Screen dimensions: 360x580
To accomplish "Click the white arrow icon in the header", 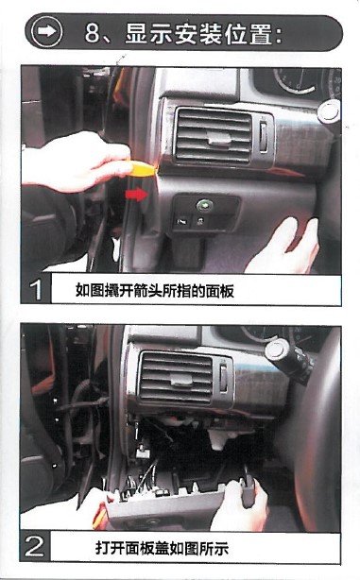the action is [x=46, y=32].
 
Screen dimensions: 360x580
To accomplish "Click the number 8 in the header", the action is [x=93, y=33].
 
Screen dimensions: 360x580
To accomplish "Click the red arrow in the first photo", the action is [x=137, y=194].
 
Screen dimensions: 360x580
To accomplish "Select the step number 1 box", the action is [x=36, y=290].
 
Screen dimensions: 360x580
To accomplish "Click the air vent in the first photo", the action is [x=214, y=136].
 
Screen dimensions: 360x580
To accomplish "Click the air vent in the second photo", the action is [x=176, y=378].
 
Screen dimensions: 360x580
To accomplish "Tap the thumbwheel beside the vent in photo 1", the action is [x=264, y=136].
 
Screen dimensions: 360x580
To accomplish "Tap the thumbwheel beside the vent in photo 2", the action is [x=224, y=377].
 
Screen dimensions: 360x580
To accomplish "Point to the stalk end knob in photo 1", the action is [x=329, y=111].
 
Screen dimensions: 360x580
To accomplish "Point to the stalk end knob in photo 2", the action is [x=277, y=350].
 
